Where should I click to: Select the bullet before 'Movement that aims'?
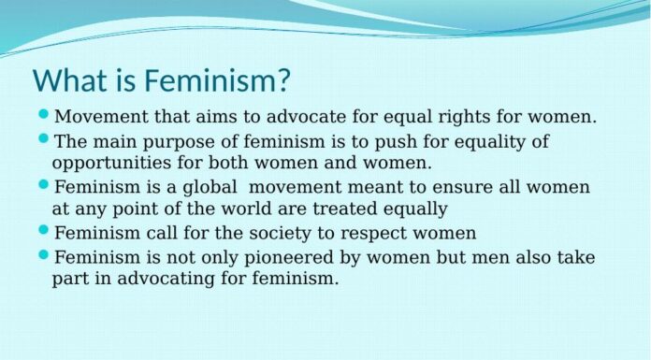[x=44, y=116]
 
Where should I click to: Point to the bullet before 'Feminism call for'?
[x=44, y=230]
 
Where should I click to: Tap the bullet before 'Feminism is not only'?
[x=44, y=254]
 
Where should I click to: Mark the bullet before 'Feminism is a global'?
[x=44, y=185]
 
